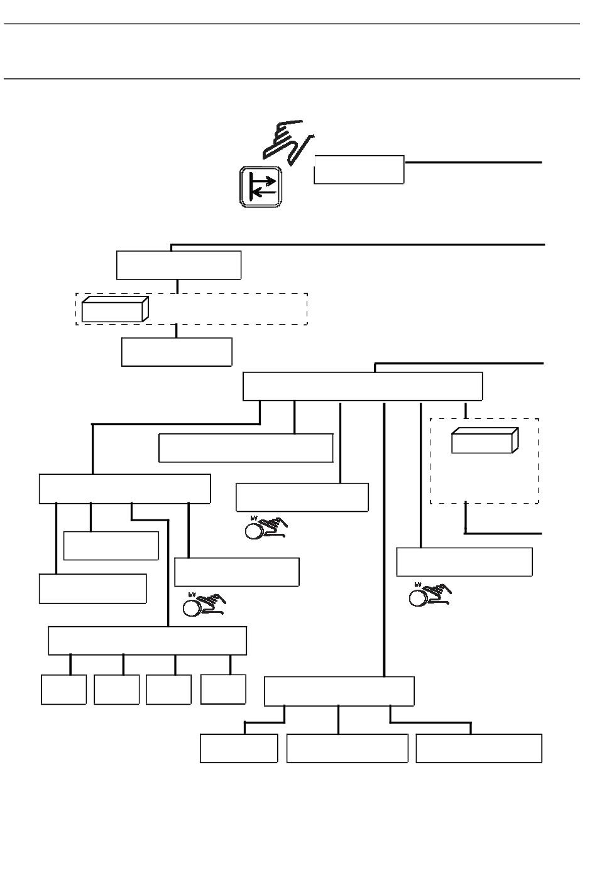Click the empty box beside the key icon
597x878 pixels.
[x=359, y=170]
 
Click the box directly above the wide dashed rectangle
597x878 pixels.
[x=178, y=265]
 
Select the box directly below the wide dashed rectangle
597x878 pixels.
[x=177, y=352]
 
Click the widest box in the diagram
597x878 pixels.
[x=363, y=386]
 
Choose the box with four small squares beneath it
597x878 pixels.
[x=147, y=640]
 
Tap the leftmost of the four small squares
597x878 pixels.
[x=63, y=690]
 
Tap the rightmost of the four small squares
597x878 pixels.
[x=223, y=689]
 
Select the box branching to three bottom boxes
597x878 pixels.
[x=339, y=691]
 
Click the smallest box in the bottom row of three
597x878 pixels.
[x=239, y=748]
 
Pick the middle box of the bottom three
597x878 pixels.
[x=347, y=748]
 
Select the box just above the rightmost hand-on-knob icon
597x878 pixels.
[x=464, y=562]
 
